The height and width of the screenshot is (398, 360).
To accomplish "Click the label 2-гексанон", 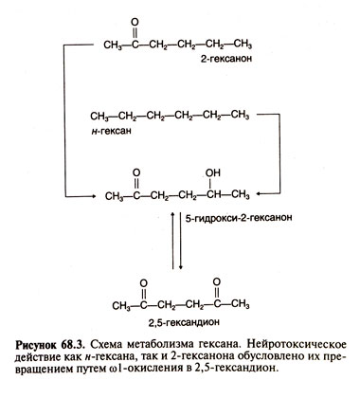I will (225, 59).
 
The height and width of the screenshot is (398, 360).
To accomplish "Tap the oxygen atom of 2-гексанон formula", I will (138, 21).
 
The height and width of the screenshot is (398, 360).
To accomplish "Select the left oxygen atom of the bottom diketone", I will (142, 281).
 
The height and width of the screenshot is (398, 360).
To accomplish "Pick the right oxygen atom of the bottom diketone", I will (217, 281).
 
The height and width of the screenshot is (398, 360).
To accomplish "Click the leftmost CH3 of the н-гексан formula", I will (102, 114).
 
